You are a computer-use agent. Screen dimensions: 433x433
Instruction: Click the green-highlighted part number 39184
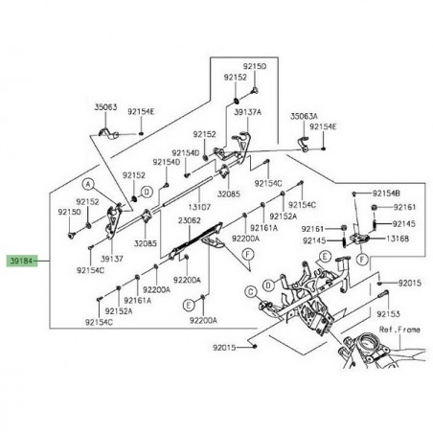(x=21, y=261)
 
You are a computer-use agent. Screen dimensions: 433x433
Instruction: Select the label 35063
(x=105, y=107)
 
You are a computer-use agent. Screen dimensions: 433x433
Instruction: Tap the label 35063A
(x=304, y=116)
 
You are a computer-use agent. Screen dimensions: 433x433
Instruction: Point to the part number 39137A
(x=247, y=112)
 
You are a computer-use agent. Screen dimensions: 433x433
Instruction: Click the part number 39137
(x=112, y=259)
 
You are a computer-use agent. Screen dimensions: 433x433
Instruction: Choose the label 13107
(x=199, y=207)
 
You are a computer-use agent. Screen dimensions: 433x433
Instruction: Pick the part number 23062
(x=190, y=220)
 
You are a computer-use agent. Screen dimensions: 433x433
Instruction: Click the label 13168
(x=398, y=239)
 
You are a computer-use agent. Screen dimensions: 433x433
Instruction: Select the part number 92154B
(x=386, y=194)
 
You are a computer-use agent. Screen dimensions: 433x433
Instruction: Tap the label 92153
(x=388, y=314)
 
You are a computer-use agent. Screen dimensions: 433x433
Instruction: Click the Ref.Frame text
(x=399, y=330)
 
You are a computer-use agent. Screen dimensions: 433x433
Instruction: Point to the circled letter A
(x=88, y=184)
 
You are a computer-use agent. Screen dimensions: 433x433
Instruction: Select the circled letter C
(x=251, y=291)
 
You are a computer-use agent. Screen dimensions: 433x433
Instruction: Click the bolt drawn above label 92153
(x=383, y=293)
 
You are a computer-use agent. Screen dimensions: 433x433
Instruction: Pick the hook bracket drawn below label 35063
(x=108, y=133)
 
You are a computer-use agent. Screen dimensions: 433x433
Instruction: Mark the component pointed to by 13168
(x=359, y=238)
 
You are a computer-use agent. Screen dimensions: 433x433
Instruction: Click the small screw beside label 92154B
(x=354, y=194)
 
